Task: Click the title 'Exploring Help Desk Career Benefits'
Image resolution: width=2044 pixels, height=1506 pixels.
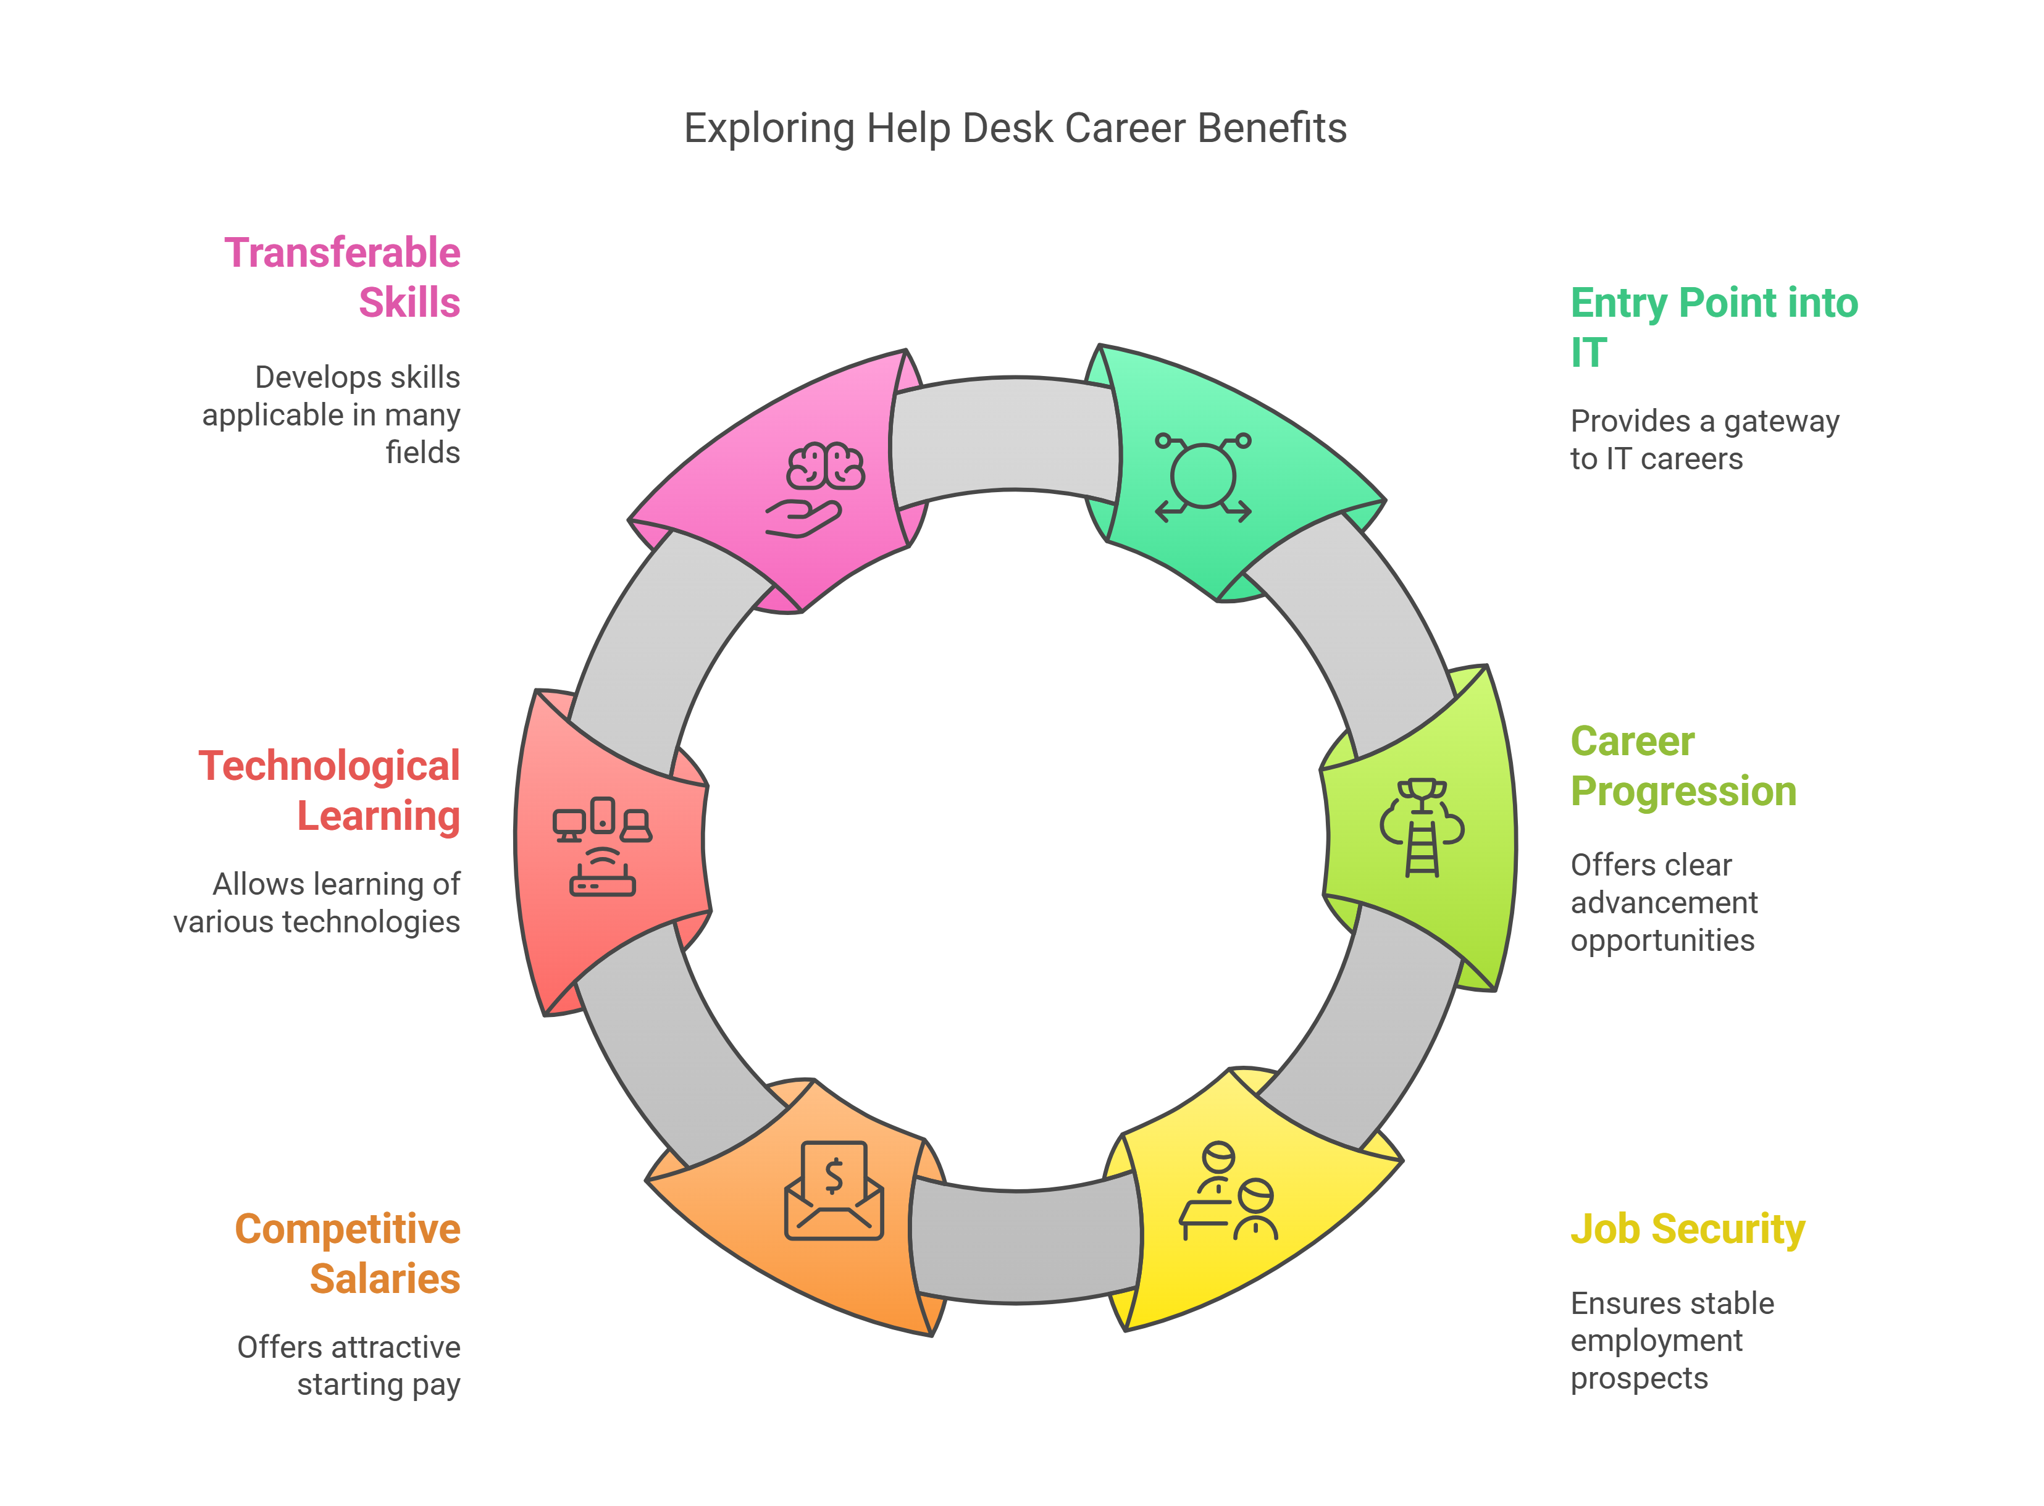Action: pos(1015,128)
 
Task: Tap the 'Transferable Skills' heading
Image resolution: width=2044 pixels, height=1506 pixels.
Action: pos(343,277)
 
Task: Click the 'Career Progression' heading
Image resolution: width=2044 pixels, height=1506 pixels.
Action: pos(1682,766)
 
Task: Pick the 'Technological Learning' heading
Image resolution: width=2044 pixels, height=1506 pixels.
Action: pos(329,790)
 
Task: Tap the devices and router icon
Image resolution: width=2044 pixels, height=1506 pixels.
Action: pos(601,846)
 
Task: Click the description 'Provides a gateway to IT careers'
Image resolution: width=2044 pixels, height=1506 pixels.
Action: pos(1703,440)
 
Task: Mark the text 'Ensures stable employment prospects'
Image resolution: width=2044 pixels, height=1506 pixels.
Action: pos(1671,1340)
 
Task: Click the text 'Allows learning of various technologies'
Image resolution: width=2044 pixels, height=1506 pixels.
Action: pos(318,903)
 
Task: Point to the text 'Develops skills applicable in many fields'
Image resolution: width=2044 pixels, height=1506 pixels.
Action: pos(332,415)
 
